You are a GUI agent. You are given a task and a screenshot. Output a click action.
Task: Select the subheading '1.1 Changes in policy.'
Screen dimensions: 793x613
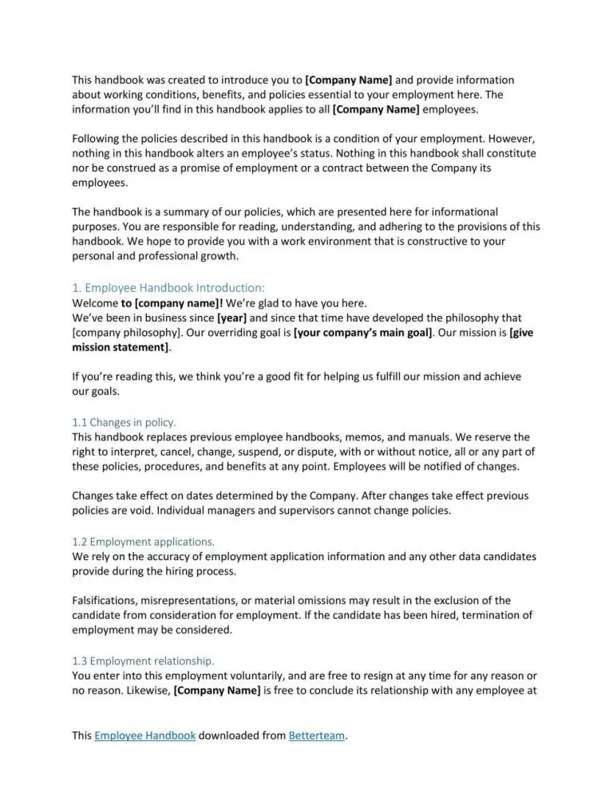(124, 422)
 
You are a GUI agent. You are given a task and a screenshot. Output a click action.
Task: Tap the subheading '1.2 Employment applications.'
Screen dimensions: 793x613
(143, 540)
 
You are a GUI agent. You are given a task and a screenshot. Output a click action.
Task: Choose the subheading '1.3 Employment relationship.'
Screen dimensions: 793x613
(143, 660)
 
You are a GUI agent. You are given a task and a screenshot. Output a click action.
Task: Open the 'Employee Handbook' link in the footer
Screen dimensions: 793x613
(144, 736)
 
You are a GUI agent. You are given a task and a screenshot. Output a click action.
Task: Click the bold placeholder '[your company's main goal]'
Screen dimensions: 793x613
(363, 333)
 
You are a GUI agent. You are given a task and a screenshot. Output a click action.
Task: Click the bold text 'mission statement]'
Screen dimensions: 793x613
(121, 348)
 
